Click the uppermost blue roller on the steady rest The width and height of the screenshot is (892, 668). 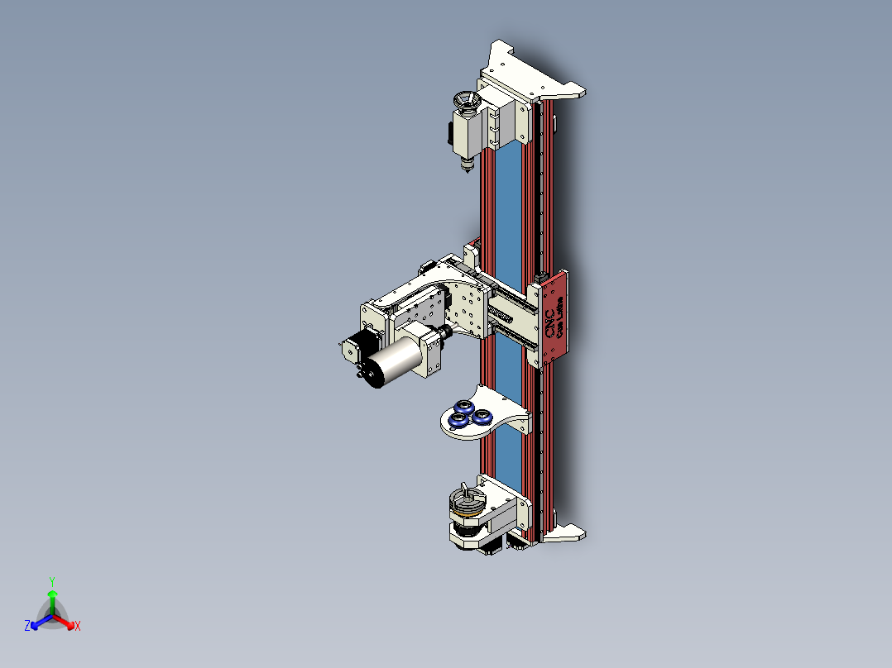[x=463, y=406]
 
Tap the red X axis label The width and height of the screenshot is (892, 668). [x=78, y=627]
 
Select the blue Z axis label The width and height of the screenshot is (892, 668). [x=27, y=627]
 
